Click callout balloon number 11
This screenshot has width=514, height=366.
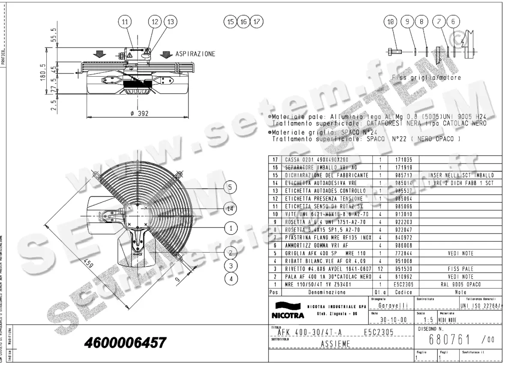125,21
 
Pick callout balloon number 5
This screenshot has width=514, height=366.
230,187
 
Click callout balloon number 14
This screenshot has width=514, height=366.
230,208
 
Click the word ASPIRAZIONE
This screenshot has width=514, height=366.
195,54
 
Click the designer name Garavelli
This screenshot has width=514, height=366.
390,306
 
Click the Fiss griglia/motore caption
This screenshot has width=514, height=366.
426,78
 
